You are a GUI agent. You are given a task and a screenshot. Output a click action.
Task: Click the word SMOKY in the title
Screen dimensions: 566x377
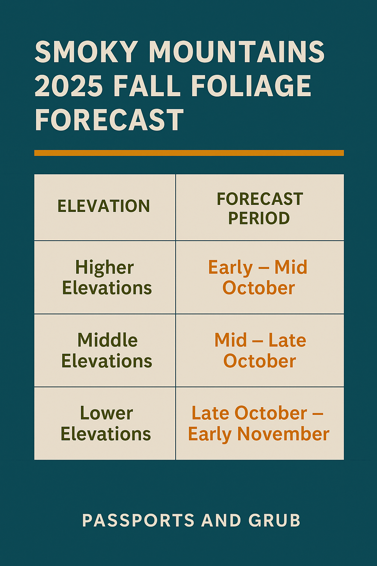tap(87, 52)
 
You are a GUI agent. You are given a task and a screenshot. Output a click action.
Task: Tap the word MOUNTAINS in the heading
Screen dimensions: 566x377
tap(236, 52)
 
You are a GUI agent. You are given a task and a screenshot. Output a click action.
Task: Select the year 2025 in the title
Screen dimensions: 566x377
tap(68, 86)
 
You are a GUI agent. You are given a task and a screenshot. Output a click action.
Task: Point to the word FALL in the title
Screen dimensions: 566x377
tap(147, 86)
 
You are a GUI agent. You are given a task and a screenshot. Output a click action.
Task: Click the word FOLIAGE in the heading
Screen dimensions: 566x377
tap(251, 86)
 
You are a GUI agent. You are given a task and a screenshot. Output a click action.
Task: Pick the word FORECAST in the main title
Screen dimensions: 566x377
tap(109, 120)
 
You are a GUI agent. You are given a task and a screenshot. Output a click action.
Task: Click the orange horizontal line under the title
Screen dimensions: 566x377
tap(189, 153)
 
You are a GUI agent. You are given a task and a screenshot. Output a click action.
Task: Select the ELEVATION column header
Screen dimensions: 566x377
tap(104, 206)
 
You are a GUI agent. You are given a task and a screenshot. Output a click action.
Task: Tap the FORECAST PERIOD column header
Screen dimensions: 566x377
tap(260, 208)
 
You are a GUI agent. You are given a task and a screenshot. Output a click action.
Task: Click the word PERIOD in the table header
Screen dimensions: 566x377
tap(259, 218)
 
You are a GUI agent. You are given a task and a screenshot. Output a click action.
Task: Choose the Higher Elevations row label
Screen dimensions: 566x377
tap(106, 277)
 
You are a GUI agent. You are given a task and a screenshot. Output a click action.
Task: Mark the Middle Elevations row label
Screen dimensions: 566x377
tap(107, 350)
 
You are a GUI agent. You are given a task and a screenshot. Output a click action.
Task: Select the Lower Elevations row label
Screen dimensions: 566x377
tap(106, 423)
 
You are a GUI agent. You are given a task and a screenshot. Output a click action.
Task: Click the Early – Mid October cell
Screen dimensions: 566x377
tap(258, 277)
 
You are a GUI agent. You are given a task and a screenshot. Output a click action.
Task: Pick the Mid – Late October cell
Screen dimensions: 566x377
tap(260, 350)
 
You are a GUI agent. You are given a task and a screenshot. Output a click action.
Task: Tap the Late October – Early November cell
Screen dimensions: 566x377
tap(258, 423)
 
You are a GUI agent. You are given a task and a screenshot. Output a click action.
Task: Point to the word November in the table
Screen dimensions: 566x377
tap(283, 434)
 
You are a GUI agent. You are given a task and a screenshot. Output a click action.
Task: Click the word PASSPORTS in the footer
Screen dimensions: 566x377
tap(138, 520)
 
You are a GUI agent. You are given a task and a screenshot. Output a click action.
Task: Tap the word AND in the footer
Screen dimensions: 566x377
tap(221, 520)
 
